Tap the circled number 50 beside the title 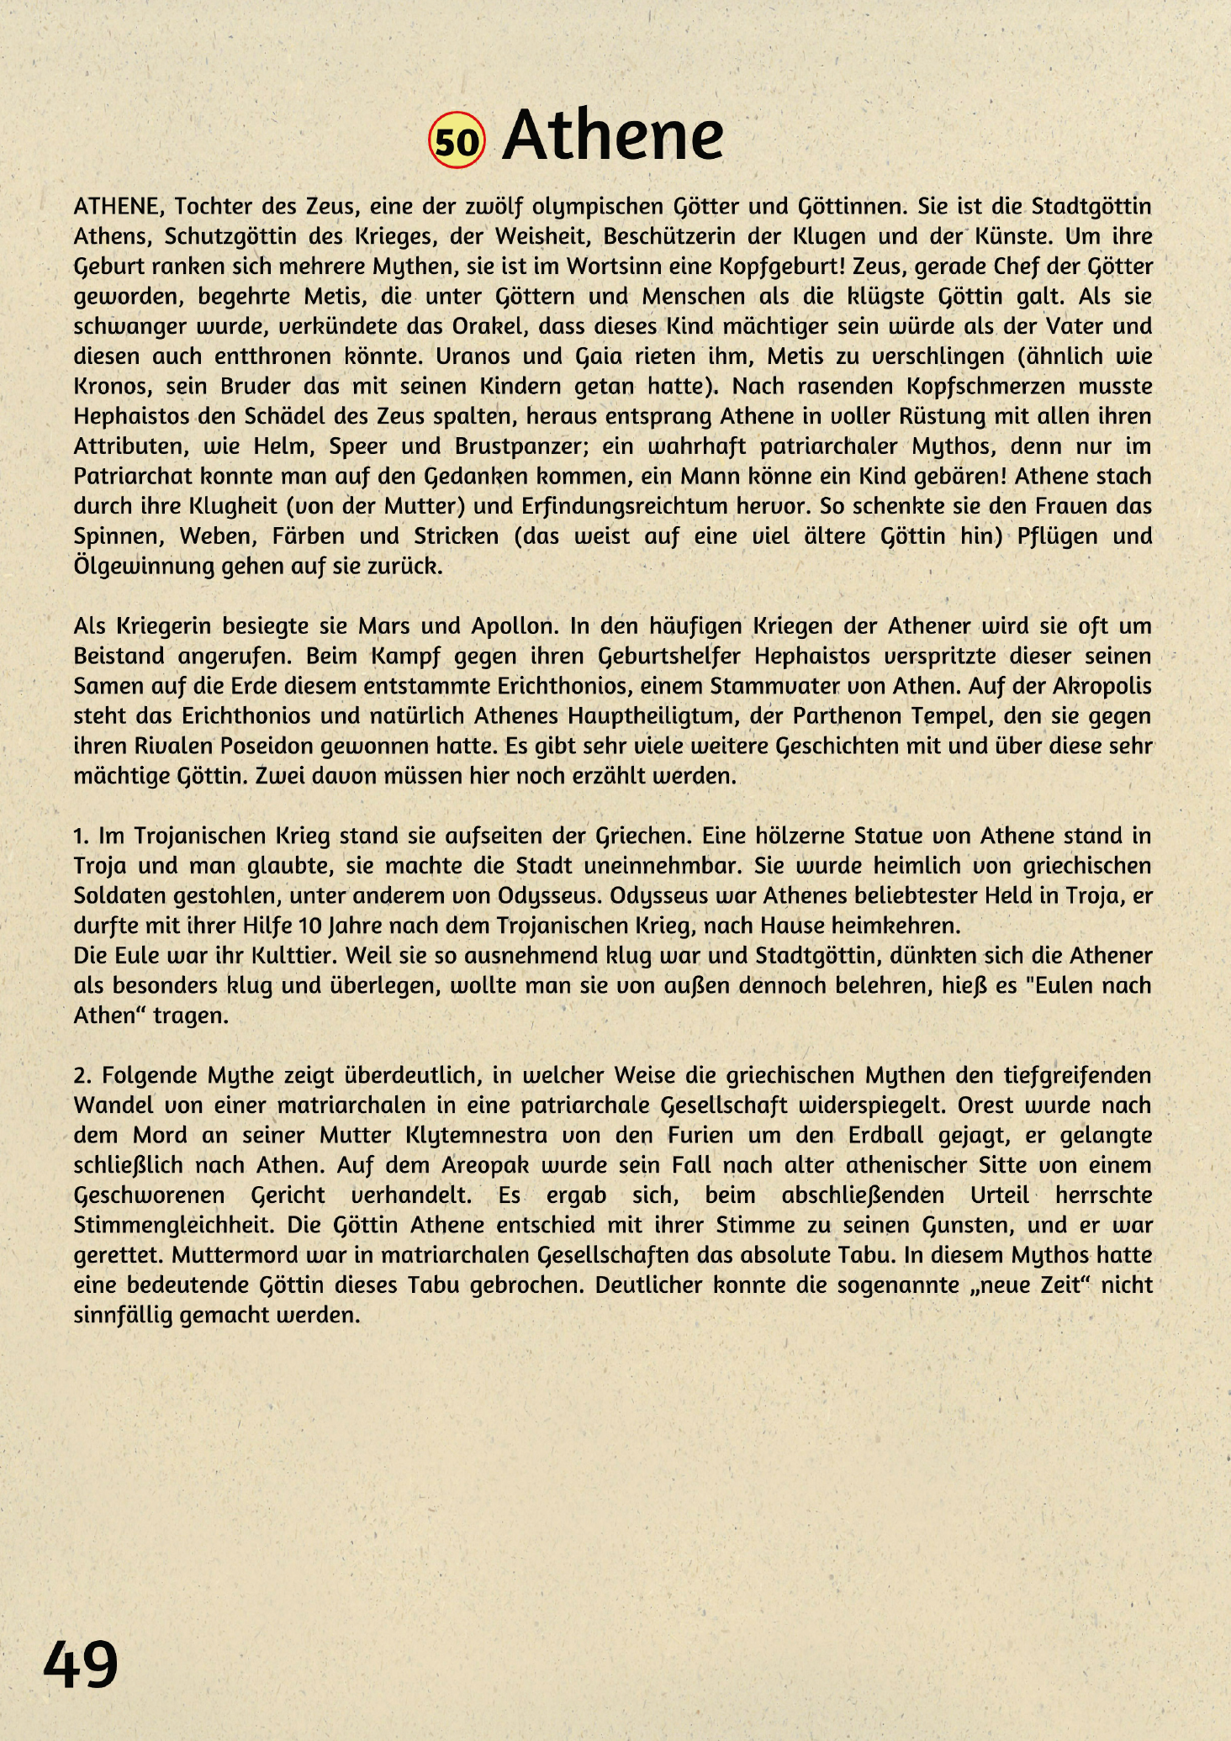pyautogui.click(x=457, y=140)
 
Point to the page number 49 pyautogui.click(x=81, y=1664)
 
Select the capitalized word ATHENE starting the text pyautogui.click(x=117, y=207)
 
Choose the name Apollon pyautogui.click(x=513, y=626)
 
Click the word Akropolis pyautogui.click(x=1102, y=687)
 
